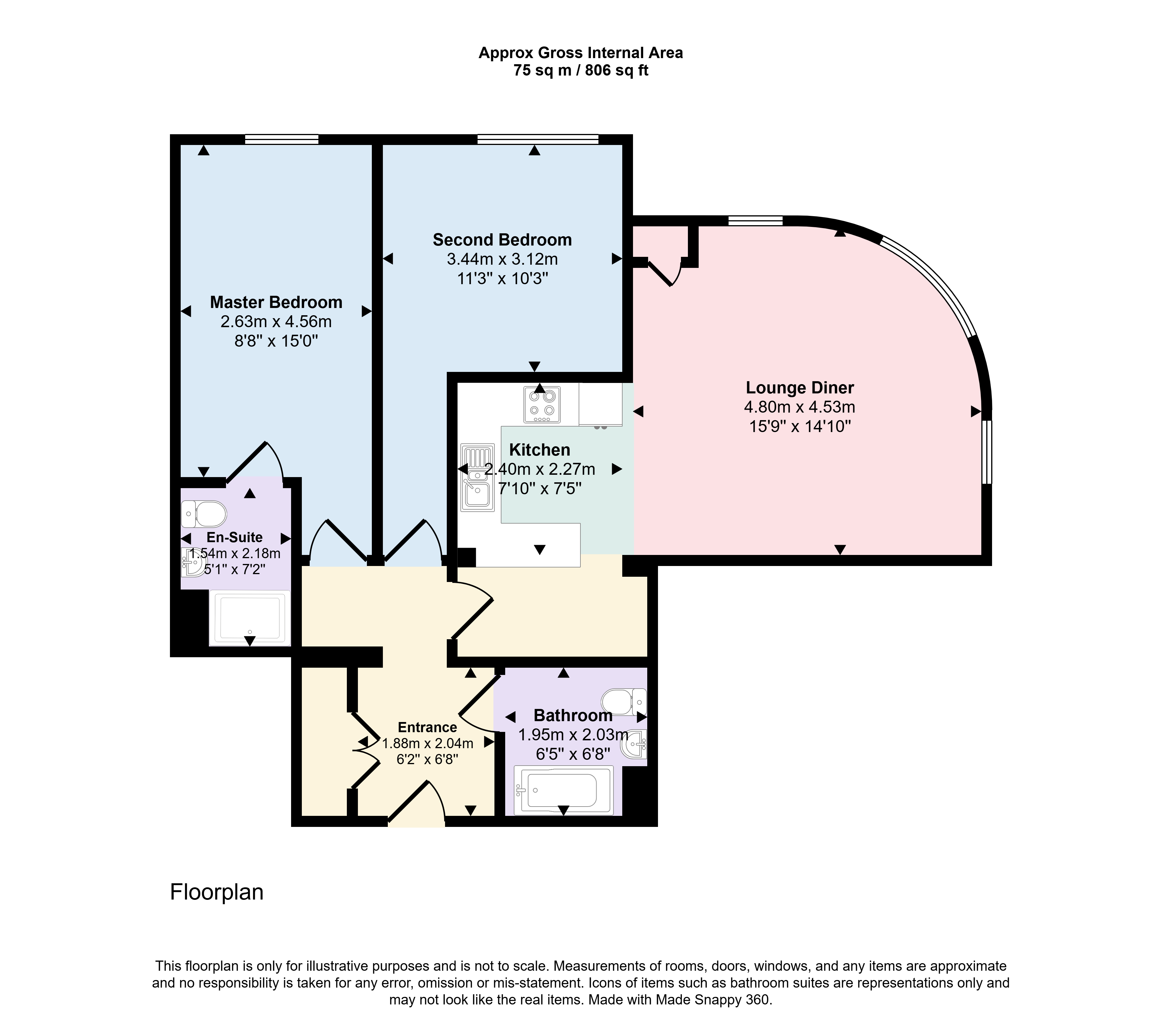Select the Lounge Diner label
(800, 388)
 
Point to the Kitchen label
(539, 450)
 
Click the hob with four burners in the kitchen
(542, 404)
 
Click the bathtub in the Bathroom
(563, 790)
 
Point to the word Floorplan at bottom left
(217, 892)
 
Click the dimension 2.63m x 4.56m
(276, 322)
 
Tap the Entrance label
(428, 728)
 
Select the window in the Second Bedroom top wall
(538, 139)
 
